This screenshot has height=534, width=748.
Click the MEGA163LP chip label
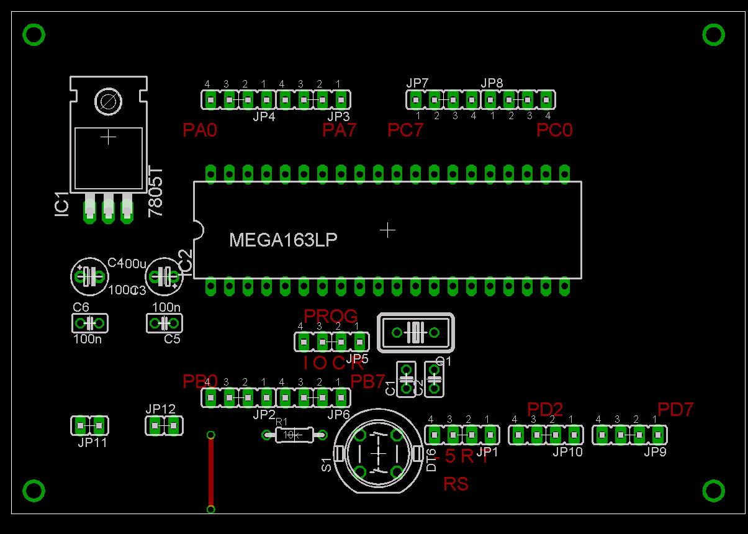coord(283,240)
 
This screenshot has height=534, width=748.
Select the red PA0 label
coord(200,130)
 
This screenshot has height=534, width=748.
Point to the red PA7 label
coord(340,130)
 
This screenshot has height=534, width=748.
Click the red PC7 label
coord(405,130)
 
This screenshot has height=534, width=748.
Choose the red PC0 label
coord(554,130)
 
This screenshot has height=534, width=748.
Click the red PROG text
coord(330,316)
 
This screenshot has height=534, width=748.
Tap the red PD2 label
coord(545,409)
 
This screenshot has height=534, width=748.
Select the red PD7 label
coord(675,409)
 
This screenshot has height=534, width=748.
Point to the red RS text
coord(456,484)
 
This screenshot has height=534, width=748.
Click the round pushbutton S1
coord(377,452)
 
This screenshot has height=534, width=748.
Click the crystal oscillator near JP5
coord(415,333)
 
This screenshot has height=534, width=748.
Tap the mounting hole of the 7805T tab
coord(109,101)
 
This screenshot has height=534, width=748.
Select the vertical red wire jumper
coord(211,472)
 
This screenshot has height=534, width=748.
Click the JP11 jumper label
coord(92,443)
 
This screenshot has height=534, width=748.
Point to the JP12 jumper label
coord(161,409)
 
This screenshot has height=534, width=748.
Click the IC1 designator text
coord(61,204)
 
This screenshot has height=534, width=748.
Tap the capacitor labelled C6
coord(90,323)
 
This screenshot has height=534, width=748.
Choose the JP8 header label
coord(492,83)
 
